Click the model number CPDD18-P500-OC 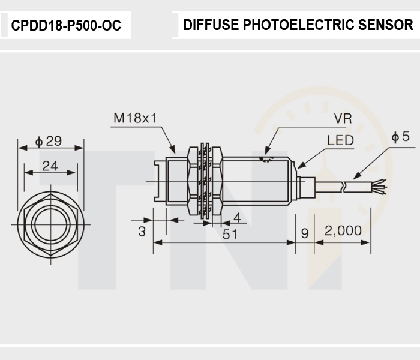(x=66, y=25)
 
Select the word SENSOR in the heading (x=386, y=25)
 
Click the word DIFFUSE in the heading (x=211, y=25)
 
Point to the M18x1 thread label (x=135, y=118)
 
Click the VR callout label (x=343, y=118)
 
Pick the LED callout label (x=340, y=140)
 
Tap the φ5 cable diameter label (x=400, y=136)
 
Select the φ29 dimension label (x=49, y=141)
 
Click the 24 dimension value (x=50, y=166)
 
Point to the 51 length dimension (x=230, y=235)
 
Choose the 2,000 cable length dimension (x=343, y=230)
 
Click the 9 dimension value (x=305, y=233)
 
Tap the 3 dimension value (x=142, y=232)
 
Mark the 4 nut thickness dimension (x=238, y=218)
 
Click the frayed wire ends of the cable (x=379, y=187)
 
